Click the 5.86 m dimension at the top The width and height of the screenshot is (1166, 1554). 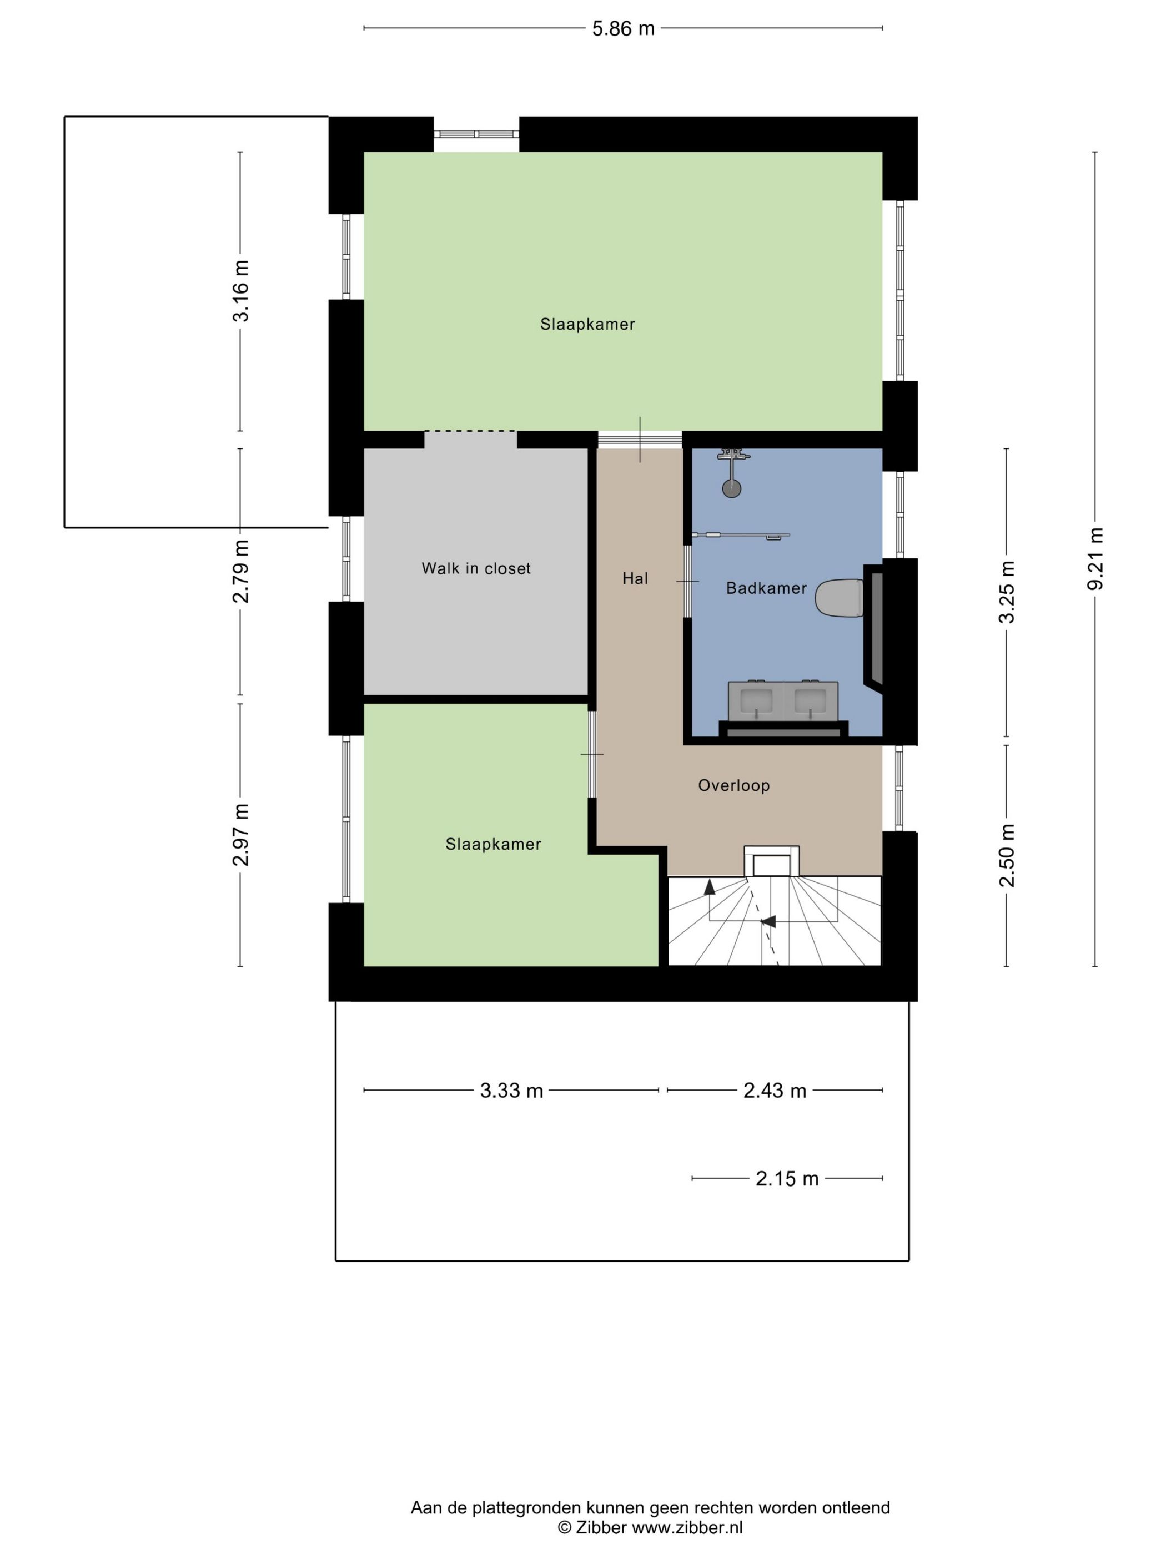[623, 29]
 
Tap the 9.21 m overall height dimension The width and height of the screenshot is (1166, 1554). [1095, 559]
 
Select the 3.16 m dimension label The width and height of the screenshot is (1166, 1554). [240, 291]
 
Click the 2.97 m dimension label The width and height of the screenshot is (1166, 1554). [240, 835]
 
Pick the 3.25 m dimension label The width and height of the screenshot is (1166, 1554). [1007, 592]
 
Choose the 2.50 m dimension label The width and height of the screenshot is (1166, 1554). [1007, 855]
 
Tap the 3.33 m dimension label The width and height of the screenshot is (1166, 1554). [511, 1091]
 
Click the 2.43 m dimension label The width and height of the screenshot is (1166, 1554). [775, 1091]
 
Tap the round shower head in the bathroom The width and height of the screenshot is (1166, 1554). [732, 489]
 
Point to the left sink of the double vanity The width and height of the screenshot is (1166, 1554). [756, 700]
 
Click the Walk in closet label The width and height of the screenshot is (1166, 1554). [476, 568]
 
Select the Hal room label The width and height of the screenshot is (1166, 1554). [635, 578]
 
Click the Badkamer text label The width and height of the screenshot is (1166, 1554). [766, 588]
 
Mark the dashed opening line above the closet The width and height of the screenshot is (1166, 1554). [470, 431]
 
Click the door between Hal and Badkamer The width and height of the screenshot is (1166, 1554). [688, 582]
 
